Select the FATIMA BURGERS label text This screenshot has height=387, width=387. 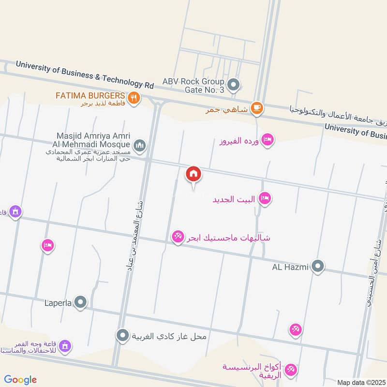(x=90, y=95)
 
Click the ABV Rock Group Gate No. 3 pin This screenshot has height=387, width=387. (x=234, y=86)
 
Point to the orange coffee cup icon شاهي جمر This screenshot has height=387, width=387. (x=257, y=109)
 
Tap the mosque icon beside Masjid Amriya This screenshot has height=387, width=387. (x=140, y=145)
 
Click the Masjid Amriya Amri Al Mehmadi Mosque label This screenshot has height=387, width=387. (x=93, y=141)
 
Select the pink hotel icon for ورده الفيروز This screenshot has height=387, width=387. (x=267, y=140)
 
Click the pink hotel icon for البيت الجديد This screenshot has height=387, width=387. (x=265, y=198)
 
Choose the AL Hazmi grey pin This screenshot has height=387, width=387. (x=318, y=266)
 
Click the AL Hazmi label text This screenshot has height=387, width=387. (x=290, y=267)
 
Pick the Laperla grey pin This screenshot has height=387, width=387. (x=81, y=303)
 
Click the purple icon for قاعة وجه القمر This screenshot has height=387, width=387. (x=65, y=345)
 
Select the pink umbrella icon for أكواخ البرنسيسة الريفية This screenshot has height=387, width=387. (x=290, y=371)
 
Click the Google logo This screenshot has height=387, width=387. (x=20, y=380)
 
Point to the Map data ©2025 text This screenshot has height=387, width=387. (x=360, y=383)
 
